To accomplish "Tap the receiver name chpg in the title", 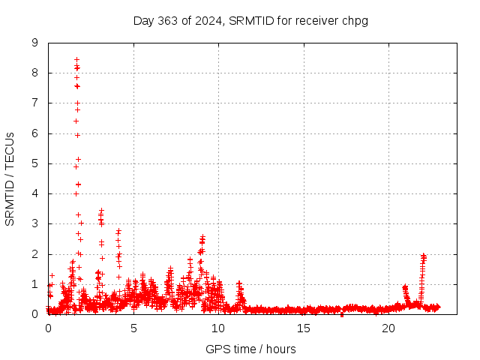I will (x=354, y=20).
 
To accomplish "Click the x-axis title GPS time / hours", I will (x=250, y=349).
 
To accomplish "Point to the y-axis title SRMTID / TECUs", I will (x=10, y=178).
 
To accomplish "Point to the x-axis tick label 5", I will (x=133, y=328).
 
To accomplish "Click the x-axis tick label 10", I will (x=218, y=328).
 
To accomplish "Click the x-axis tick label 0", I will (x=48, y=328).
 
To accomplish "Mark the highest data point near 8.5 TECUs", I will (x=76, y=59).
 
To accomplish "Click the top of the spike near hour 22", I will (x=424, y=255).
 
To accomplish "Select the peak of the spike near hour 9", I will (x=202, y=237).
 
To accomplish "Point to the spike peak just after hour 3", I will (x=101, y=211).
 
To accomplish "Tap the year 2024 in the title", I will (x=205, y=20).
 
